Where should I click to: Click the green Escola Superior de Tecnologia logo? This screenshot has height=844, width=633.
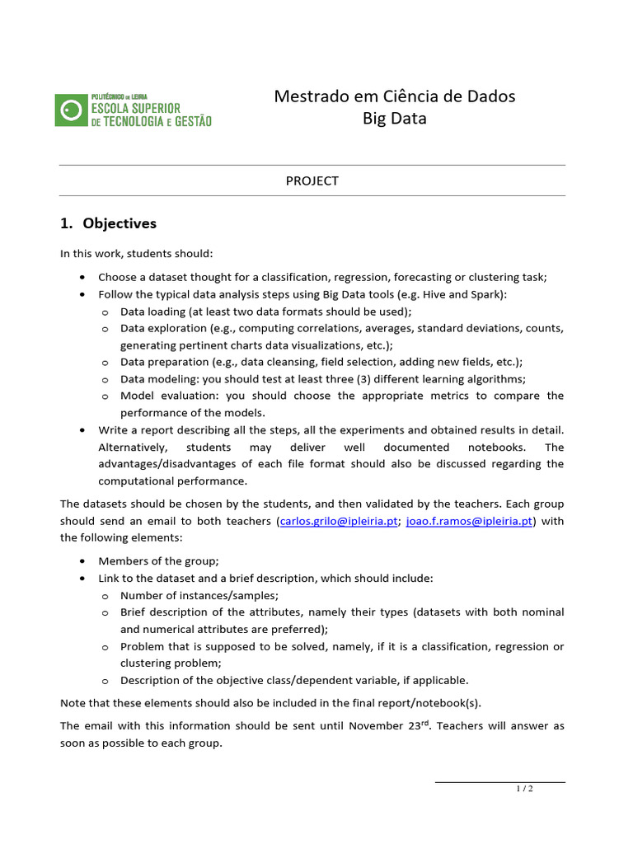[134, 110]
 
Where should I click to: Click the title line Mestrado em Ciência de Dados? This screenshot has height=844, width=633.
[394, 96]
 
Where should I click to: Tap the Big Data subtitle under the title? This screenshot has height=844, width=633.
[394, 119]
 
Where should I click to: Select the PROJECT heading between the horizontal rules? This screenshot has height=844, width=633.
[312, 181]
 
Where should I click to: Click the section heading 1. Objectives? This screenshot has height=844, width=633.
[108, 223]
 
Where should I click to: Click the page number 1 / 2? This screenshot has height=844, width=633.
[524, 789]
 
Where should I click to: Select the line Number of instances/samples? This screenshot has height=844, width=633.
[199, 595]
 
